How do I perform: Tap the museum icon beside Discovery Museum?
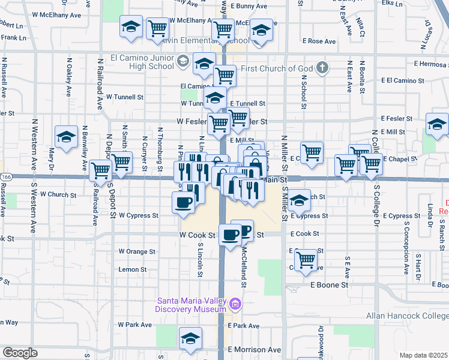coord(236,305)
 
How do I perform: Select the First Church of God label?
coord(278,68)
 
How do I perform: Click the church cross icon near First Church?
coord(322,67)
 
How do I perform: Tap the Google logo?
coord(20,353)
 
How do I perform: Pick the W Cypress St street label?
coord(138,215)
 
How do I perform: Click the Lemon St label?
coord(133,270)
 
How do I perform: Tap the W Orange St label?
coord(137,251)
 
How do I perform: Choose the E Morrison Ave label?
coord(254,350)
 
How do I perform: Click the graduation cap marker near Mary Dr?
coord(66,136)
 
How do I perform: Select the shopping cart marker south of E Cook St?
coord(306,259)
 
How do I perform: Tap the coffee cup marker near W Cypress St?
coord(184,202)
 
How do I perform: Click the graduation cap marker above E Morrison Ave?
coord(190,338)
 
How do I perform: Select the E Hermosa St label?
coord(430,64)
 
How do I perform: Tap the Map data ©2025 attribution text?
coord(423,355)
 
